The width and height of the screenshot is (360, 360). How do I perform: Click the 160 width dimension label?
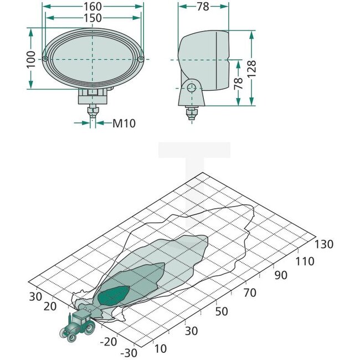pyautogui.click(x=93, y=7)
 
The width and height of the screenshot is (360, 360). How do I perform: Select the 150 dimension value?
pyautogui.click(x=93, y=18)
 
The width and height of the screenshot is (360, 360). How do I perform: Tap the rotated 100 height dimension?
pyautogui.click(x=32, y=59)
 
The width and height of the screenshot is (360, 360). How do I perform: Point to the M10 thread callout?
pyautogui.click(x=124, y=123)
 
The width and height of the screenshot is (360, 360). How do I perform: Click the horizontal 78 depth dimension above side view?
pyautogui.click(x=203, y=7)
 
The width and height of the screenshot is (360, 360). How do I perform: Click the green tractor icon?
pyautogui.click(x=77, y=325)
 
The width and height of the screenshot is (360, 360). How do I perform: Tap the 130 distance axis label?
pyautogui.click(x=325, y=244)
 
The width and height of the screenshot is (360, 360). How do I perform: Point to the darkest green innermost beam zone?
pyautogui.click(x=115, y=295)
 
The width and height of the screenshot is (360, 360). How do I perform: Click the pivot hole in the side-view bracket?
pyautogui.click(x=192, y=88)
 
